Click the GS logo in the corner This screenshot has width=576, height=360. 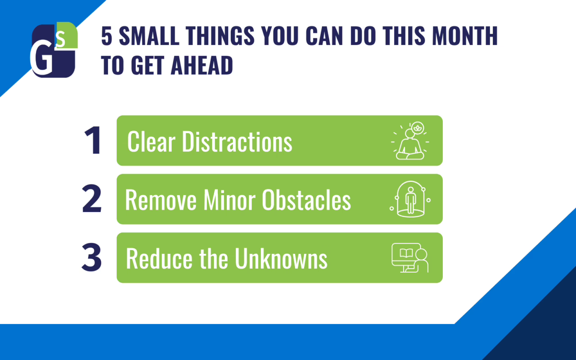coord(54,50)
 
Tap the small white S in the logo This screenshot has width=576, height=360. coord(61,39)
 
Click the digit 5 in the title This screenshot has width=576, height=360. coord(107,36)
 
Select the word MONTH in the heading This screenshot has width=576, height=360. coord(465,36)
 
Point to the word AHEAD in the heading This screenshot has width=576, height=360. coord(202,65)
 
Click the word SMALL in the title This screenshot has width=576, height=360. coord(149,36)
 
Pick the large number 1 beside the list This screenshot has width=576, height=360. coord(93,140)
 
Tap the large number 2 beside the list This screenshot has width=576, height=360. coord(92,198)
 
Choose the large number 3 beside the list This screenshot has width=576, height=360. coord(91,257)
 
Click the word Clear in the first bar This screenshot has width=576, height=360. coord(151,141)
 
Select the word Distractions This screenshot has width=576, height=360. coord(237,141)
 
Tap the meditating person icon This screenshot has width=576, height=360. coord(410,141)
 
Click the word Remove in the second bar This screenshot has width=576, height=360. coord(161,200)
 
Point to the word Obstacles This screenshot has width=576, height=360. coord(306,200)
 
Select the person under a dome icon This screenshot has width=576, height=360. coord(410,199)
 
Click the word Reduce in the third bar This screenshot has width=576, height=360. coord(159,258)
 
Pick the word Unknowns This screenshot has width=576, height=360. coord(281,258)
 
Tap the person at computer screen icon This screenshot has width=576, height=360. coord(410,258)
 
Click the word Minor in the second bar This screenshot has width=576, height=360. coord(229,200)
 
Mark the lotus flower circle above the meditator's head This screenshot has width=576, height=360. coord(417,128)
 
